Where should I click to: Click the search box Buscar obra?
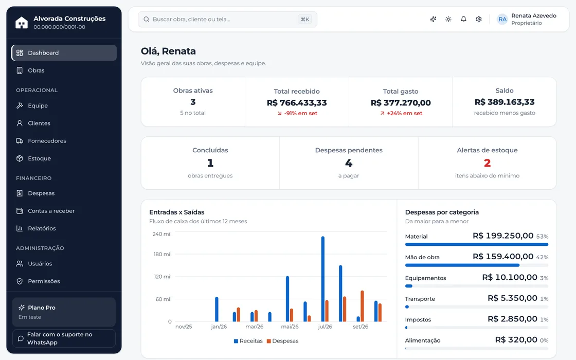[x=227, y=19]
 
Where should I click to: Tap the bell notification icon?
[x=463, y=19]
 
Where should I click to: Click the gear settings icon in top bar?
[x=479, y=19]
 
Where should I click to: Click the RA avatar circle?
[x=502, y=19]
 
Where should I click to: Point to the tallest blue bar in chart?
[x=323, y=279]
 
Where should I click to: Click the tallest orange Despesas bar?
[x=362, y=306]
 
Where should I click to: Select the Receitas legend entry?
[x=248, y=341]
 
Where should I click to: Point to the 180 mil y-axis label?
[x=163, y=254]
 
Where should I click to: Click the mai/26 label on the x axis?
[x=290, y=327]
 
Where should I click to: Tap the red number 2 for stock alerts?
[x=487, y=163]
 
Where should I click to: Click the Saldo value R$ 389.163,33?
[x=505, y=102]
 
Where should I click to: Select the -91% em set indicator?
[x=297, y=113]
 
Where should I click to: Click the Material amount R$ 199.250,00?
[x=503, y=236]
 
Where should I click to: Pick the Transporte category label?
[x=420, y=299]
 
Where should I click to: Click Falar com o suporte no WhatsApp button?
[x=64, y=338]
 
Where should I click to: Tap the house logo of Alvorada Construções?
[x=22, y=23]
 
